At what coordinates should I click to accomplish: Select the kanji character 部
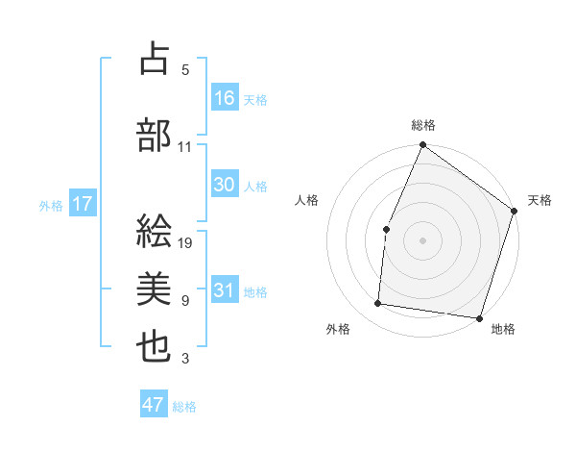[x=154, y=136]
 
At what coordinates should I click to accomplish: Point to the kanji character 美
[x=154, y=289]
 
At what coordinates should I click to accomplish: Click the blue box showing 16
[x=225, y=98]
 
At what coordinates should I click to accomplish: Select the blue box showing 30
[x=225, y=185]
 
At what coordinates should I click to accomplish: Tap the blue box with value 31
[x=225, y=290]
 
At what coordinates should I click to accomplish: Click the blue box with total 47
[x=154, y=405]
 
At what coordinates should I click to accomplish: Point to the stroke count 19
[x=186, y=243]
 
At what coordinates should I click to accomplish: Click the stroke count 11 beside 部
[x=185, y=147]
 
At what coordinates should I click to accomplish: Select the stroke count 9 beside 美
[x=185, y=301]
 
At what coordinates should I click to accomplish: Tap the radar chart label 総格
[x=423, y=125]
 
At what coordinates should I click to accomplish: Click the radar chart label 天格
[x=540, y=200]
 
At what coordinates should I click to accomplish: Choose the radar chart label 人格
[x=307, y=200]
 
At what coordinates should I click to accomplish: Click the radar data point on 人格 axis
[x=386, y=229]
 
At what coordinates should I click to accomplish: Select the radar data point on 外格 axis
[x=378, y=304]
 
